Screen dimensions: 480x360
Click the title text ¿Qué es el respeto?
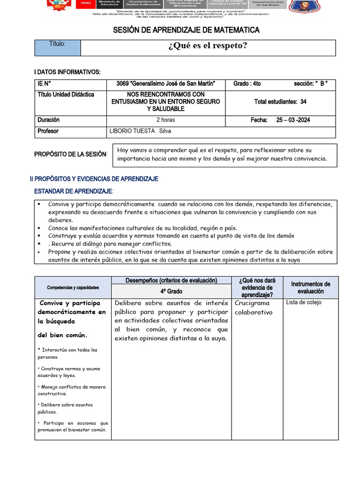point(207,46)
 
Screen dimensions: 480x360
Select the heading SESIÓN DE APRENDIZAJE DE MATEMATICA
point(186,30)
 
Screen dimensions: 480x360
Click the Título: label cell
point(58,44)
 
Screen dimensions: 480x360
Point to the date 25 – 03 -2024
point(293,120)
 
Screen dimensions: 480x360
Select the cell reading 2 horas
point(165,120)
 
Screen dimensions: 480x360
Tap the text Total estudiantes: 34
point(280,102)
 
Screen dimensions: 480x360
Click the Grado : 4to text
point(247,83)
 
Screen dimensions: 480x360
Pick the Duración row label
point(48,120)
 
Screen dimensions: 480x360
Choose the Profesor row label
point(48,131)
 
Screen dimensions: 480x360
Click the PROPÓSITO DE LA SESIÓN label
point(71,154)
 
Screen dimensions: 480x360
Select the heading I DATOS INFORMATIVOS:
point(67,72)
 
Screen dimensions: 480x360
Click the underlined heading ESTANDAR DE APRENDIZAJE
point(74,191)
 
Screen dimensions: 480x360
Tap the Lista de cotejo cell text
point(304,302)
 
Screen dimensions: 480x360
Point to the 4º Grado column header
point(171,291)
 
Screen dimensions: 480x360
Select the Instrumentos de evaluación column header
point(310,287)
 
